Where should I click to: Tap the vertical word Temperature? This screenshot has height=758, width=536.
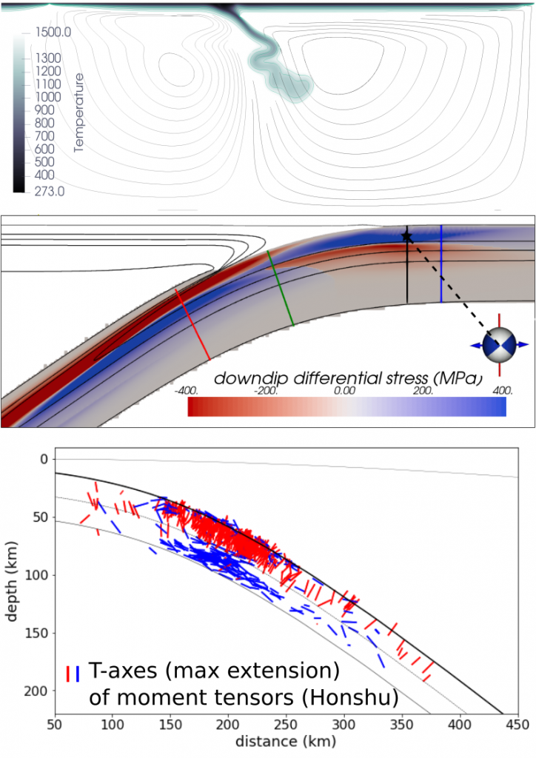click(x=80, y=113)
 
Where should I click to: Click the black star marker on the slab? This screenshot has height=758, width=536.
click(x=406, y=236)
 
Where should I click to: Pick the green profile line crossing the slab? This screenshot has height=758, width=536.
click(x=281, y=289)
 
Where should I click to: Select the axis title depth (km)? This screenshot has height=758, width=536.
click(x=13, y=585)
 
